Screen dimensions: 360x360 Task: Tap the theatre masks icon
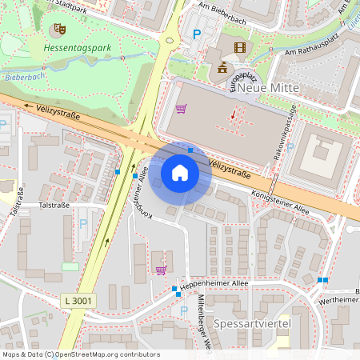coord(58,30)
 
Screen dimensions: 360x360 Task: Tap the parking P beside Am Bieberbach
coord(197,34)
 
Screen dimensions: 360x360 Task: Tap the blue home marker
coord(180,172)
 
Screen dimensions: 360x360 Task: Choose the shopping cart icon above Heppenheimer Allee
coord(162,270)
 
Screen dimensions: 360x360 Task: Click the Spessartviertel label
coord(250,323)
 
